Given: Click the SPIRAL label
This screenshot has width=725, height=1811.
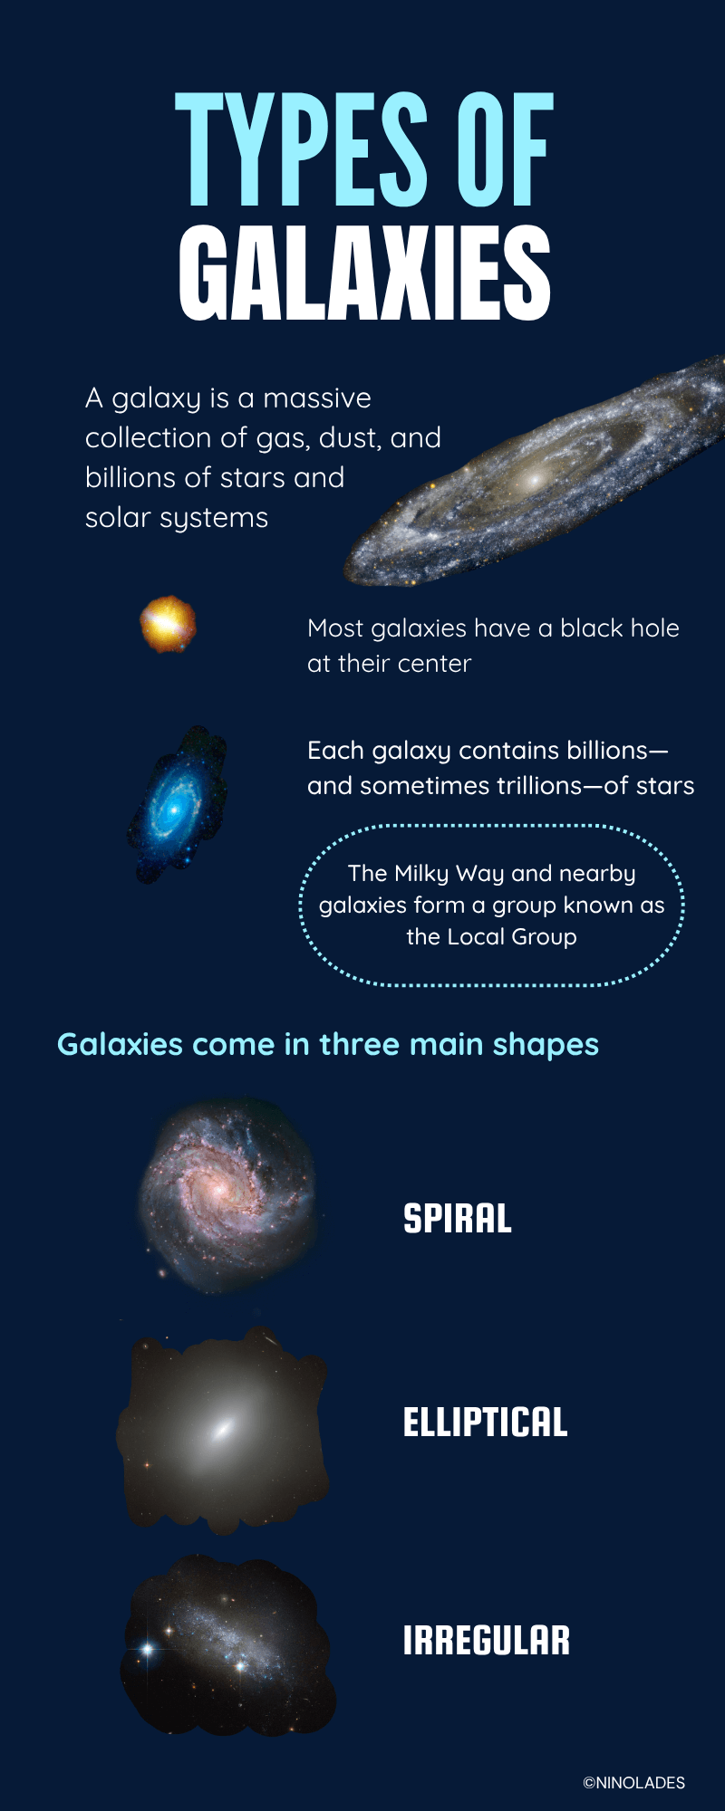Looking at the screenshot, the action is coord(458,1219).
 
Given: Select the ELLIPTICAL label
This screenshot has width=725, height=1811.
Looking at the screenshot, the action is coord(486,1423).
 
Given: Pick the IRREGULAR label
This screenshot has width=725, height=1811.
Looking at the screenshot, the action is coord(487,1641).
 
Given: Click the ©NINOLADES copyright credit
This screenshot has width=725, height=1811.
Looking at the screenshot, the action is coord(634,1782).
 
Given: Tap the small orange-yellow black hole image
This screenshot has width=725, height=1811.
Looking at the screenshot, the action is coord(168,624).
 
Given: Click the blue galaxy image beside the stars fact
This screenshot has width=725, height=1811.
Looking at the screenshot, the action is coord(177,803).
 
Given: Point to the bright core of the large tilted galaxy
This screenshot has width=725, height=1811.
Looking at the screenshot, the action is coord(535,477).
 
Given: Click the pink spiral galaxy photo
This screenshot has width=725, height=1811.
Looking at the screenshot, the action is coord(228,1194).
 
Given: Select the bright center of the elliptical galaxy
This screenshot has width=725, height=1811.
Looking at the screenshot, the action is coord(222,1430).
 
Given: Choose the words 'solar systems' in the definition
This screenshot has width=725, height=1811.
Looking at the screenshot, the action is coord(177,518).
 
